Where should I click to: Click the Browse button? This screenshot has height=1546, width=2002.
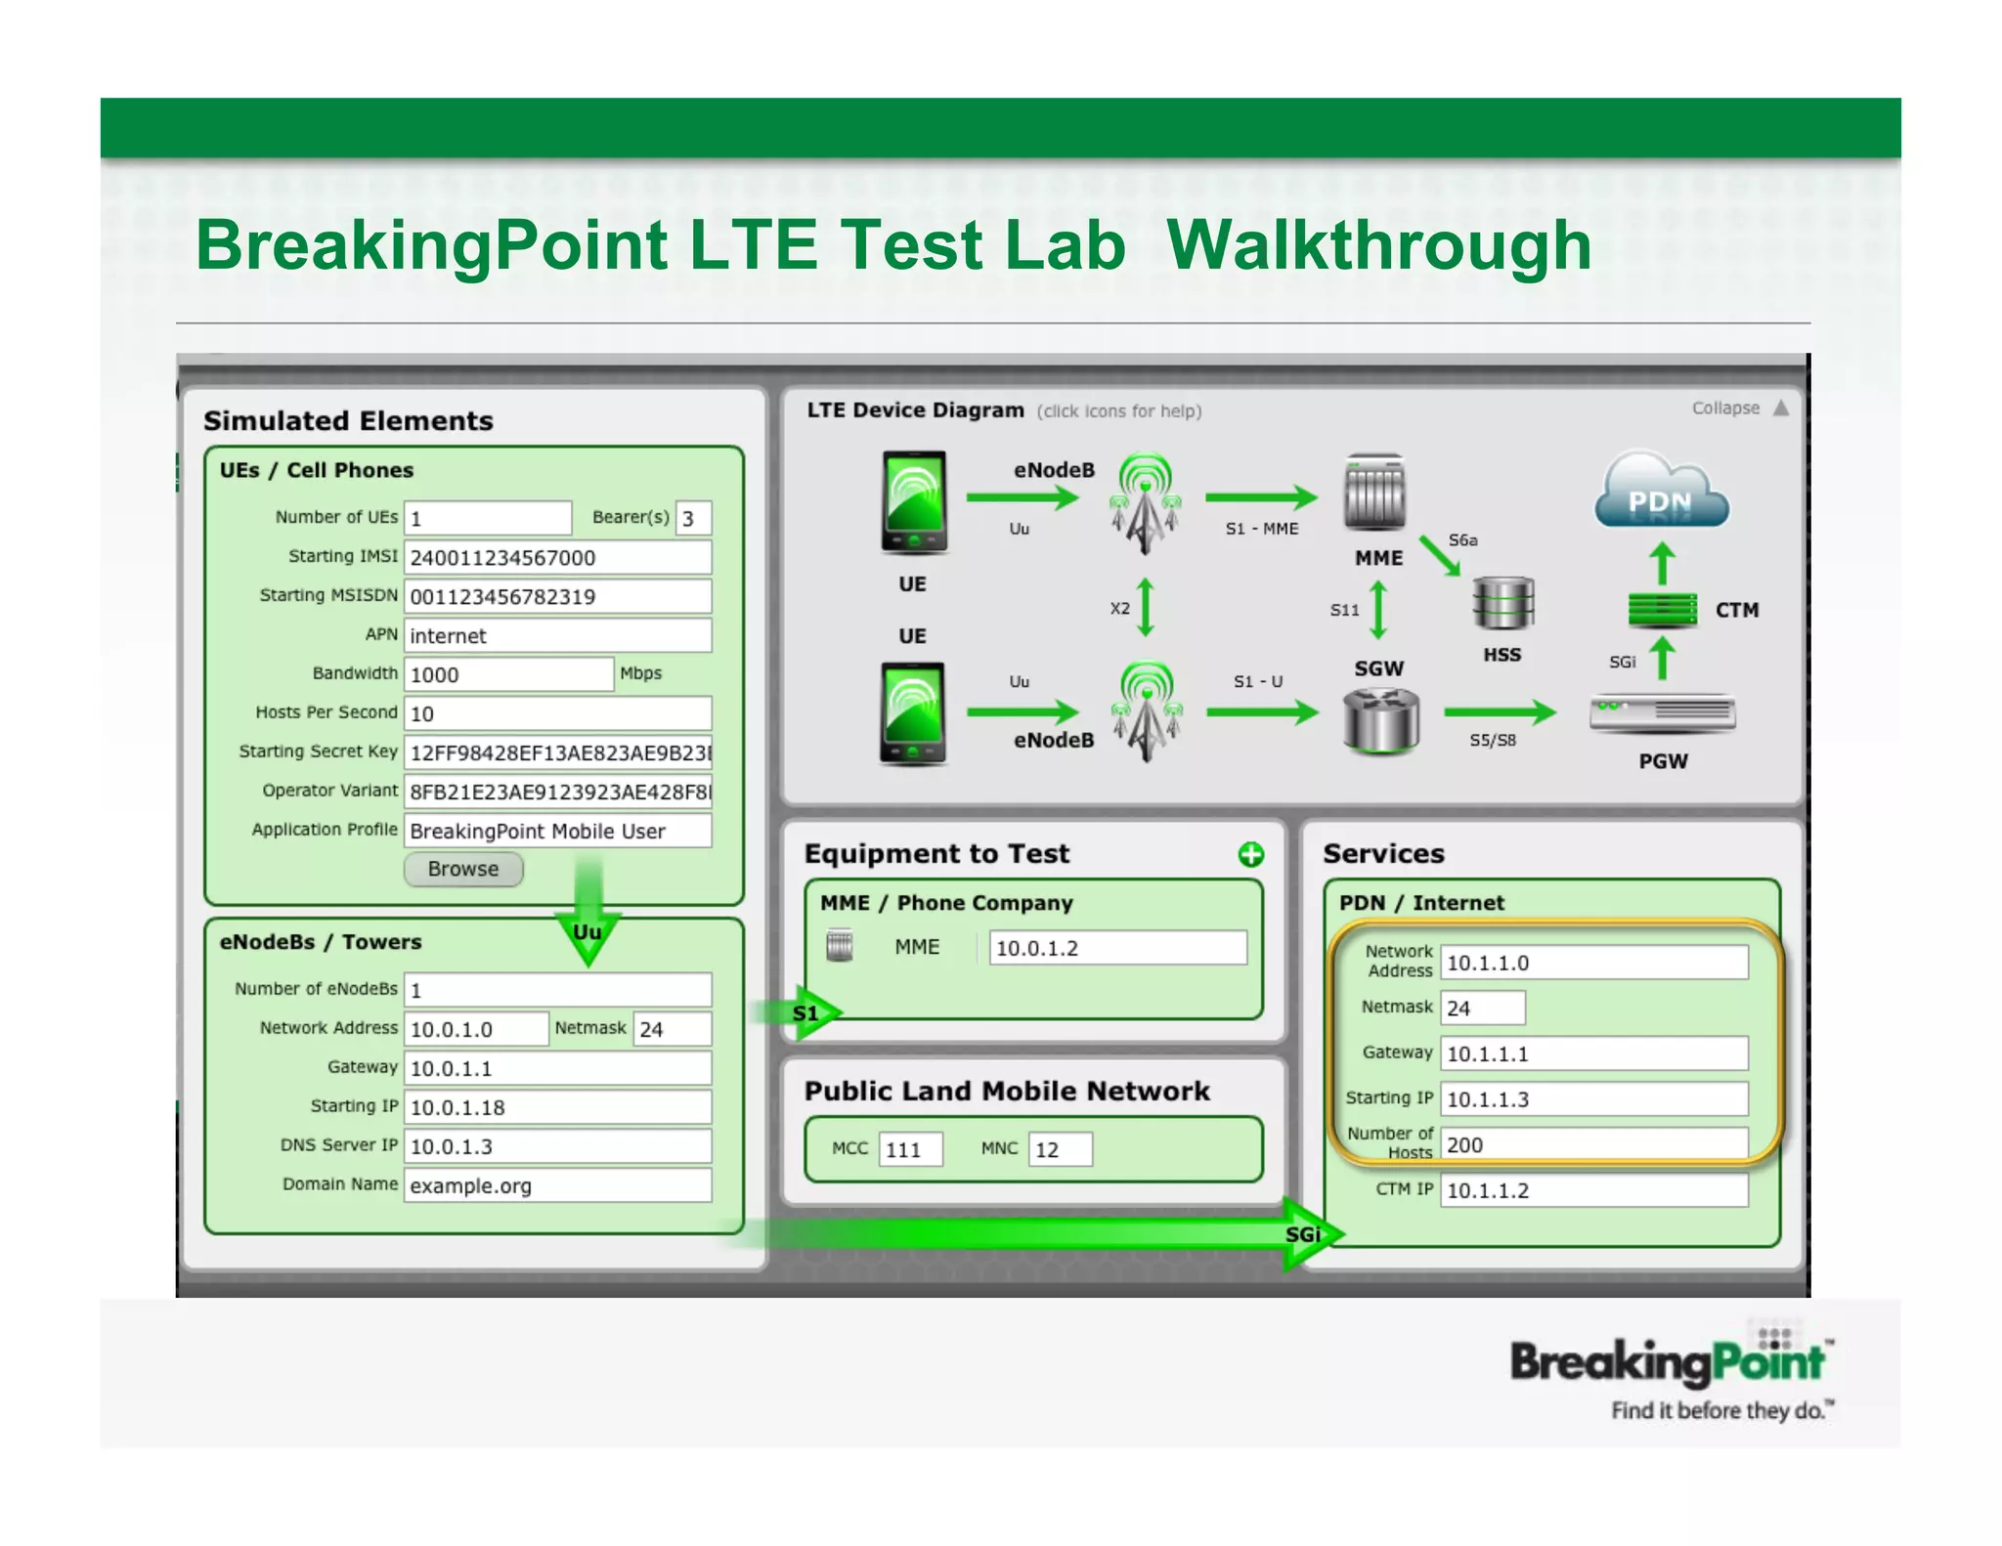[463, 869]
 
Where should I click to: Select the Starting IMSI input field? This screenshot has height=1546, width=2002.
[557, 557]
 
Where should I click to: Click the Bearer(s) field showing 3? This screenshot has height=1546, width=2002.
[693, 518]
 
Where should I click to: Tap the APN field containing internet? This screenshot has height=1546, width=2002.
[557, 635]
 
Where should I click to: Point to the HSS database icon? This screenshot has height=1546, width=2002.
[1502, 603]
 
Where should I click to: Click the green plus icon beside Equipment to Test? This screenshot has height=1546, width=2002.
[1250, 855]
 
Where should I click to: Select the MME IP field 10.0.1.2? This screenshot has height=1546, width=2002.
[1117, 948]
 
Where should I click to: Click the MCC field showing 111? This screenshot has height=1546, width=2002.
[910, 1149]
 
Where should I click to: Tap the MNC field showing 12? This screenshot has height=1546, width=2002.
[1060, 1149]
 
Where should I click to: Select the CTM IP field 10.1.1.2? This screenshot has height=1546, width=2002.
[1593, 1190]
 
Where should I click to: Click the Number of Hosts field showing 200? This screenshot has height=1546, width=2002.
[1593, 1144]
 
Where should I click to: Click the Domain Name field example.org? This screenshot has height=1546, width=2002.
[557, 1185]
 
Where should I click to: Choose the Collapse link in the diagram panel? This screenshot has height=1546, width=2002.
[1726, 408]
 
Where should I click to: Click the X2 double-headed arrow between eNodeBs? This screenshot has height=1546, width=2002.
[1146, 607]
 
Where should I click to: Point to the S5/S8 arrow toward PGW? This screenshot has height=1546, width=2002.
[1500, 712]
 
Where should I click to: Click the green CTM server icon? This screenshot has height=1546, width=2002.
[1662, 610]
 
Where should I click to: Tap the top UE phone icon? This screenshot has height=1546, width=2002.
[914, 501]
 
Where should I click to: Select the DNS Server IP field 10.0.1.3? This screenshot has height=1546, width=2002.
[557, 1146]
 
